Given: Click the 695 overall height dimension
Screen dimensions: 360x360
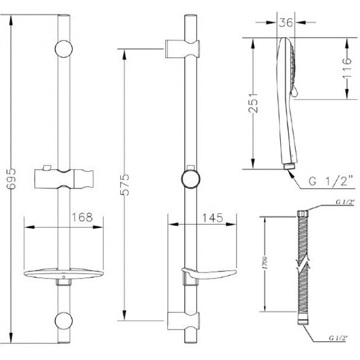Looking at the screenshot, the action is tap(11, 179).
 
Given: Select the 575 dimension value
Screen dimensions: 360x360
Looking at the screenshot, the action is tap(125, 184).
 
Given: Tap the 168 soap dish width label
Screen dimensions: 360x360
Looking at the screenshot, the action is tap(83, 217).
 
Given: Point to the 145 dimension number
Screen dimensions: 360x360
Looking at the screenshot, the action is tap(212, 218).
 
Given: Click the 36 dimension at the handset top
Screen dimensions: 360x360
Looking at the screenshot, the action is tap(286, 23).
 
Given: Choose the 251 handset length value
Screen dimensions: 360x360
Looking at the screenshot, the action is tap(253, 102).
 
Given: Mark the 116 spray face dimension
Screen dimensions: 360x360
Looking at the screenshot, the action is tap(347, 68).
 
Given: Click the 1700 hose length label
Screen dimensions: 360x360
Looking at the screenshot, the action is tap(265, 263).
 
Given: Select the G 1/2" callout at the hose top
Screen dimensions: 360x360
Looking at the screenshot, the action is tap(345, 202).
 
